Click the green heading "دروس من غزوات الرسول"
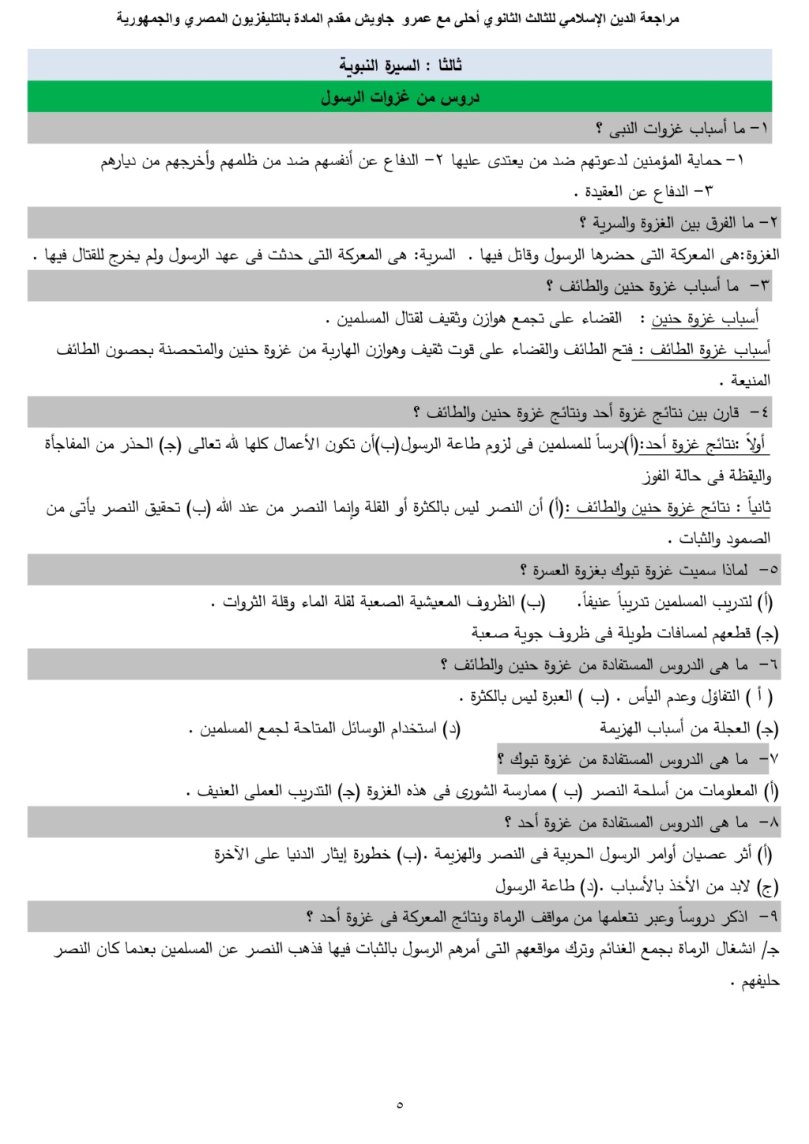(400, 97)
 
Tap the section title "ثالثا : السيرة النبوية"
(400, 65)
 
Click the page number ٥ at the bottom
(400, 1104)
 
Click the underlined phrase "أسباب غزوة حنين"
(705, 318)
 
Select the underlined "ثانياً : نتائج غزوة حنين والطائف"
(673, 507)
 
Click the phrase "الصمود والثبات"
(719, 539)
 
